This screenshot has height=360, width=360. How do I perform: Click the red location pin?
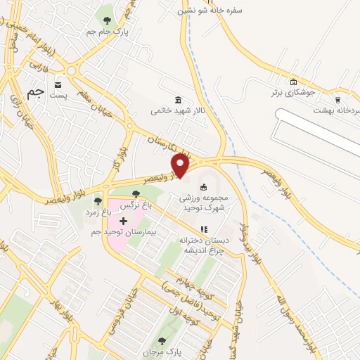[181, 167]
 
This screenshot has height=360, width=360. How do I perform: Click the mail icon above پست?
[57, 83]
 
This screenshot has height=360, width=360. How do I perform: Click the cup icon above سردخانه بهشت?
[338, 100]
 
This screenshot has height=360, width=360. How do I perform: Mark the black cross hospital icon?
[124, 221]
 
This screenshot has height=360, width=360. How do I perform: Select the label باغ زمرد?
[96, 212]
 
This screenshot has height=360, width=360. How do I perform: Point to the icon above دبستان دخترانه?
[205, 229]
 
